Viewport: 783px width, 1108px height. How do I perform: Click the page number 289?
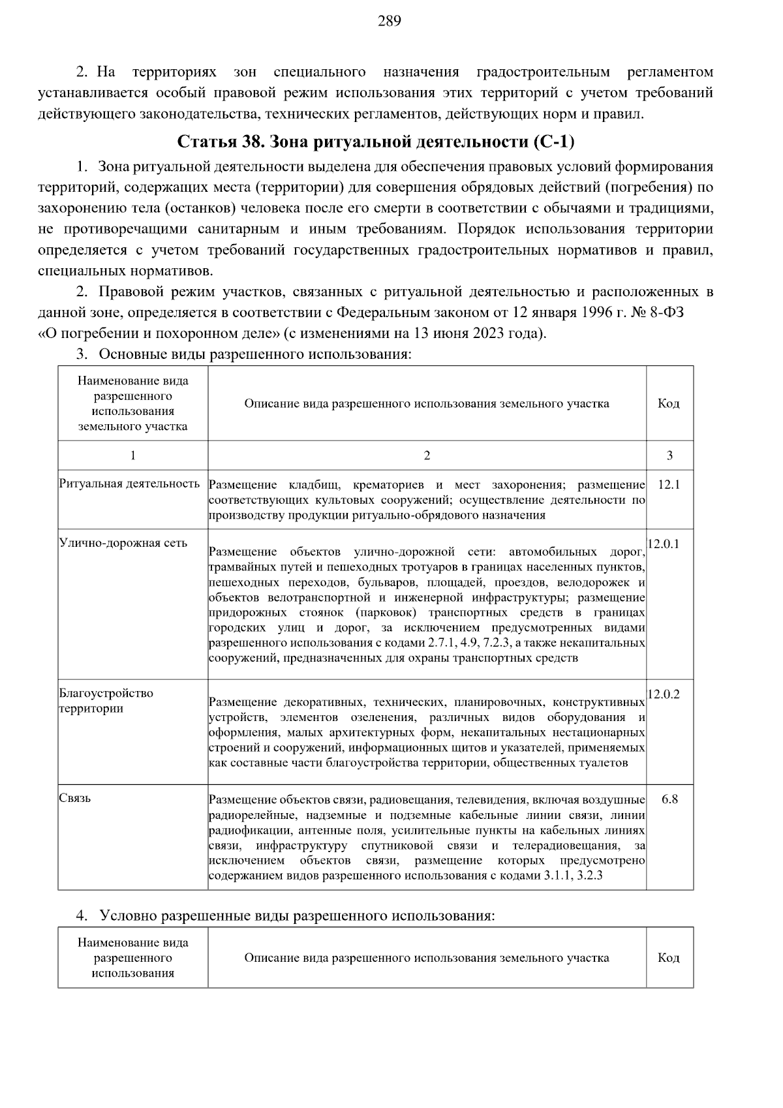tap(390, 21)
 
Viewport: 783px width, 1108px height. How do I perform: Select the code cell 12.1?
tap(669, 485)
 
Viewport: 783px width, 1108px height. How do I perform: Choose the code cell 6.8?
tap(669, 799)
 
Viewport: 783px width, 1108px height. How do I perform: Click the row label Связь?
tap(74, 798)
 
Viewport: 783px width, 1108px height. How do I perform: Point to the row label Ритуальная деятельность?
tap(129, 484)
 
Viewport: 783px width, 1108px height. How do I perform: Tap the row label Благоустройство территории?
tap(106, 701)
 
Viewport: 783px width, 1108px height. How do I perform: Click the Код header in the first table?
tap(669, 404)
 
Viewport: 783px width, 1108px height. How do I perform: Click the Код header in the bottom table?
tap(669, 958)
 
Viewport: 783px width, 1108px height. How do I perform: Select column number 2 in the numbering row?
tap(427, 455)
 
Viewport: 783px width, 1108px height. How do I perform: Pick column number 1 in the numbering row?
tap(132, 455)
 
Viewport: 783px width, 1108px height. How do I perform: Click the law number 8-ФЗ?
tap(666, 312)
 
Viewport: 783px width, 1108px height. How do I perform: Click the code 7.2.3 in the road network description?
tap(503, 643)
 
